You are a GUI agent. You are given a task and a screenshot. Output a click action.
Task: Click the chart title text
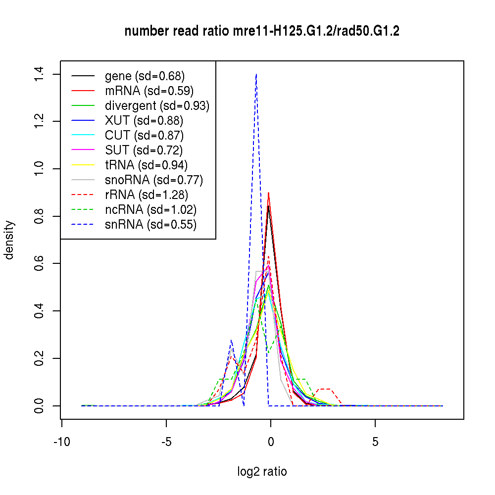[262, 31]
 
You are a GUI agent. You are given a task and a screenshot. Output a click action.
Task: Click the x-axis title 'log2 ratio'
[262, 471]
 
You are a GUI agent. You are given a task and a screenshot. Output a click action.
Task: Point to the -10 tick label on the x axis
[61, 441]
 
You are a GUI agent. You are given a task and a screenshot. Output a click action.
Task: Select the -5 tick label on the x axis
[166, 441]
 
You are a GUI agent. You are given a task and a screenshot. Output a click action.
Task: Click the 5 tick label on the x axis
[375, 441]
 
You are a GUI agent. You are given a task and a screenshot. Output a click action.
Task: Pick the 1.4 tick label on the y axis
[40, 74]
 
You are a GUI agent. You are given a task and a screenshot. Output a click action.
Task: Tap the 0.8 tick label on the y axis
[40, 216]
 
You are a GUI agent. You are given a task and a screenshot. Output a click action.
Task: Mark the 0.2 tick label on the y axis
[40, 358]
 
